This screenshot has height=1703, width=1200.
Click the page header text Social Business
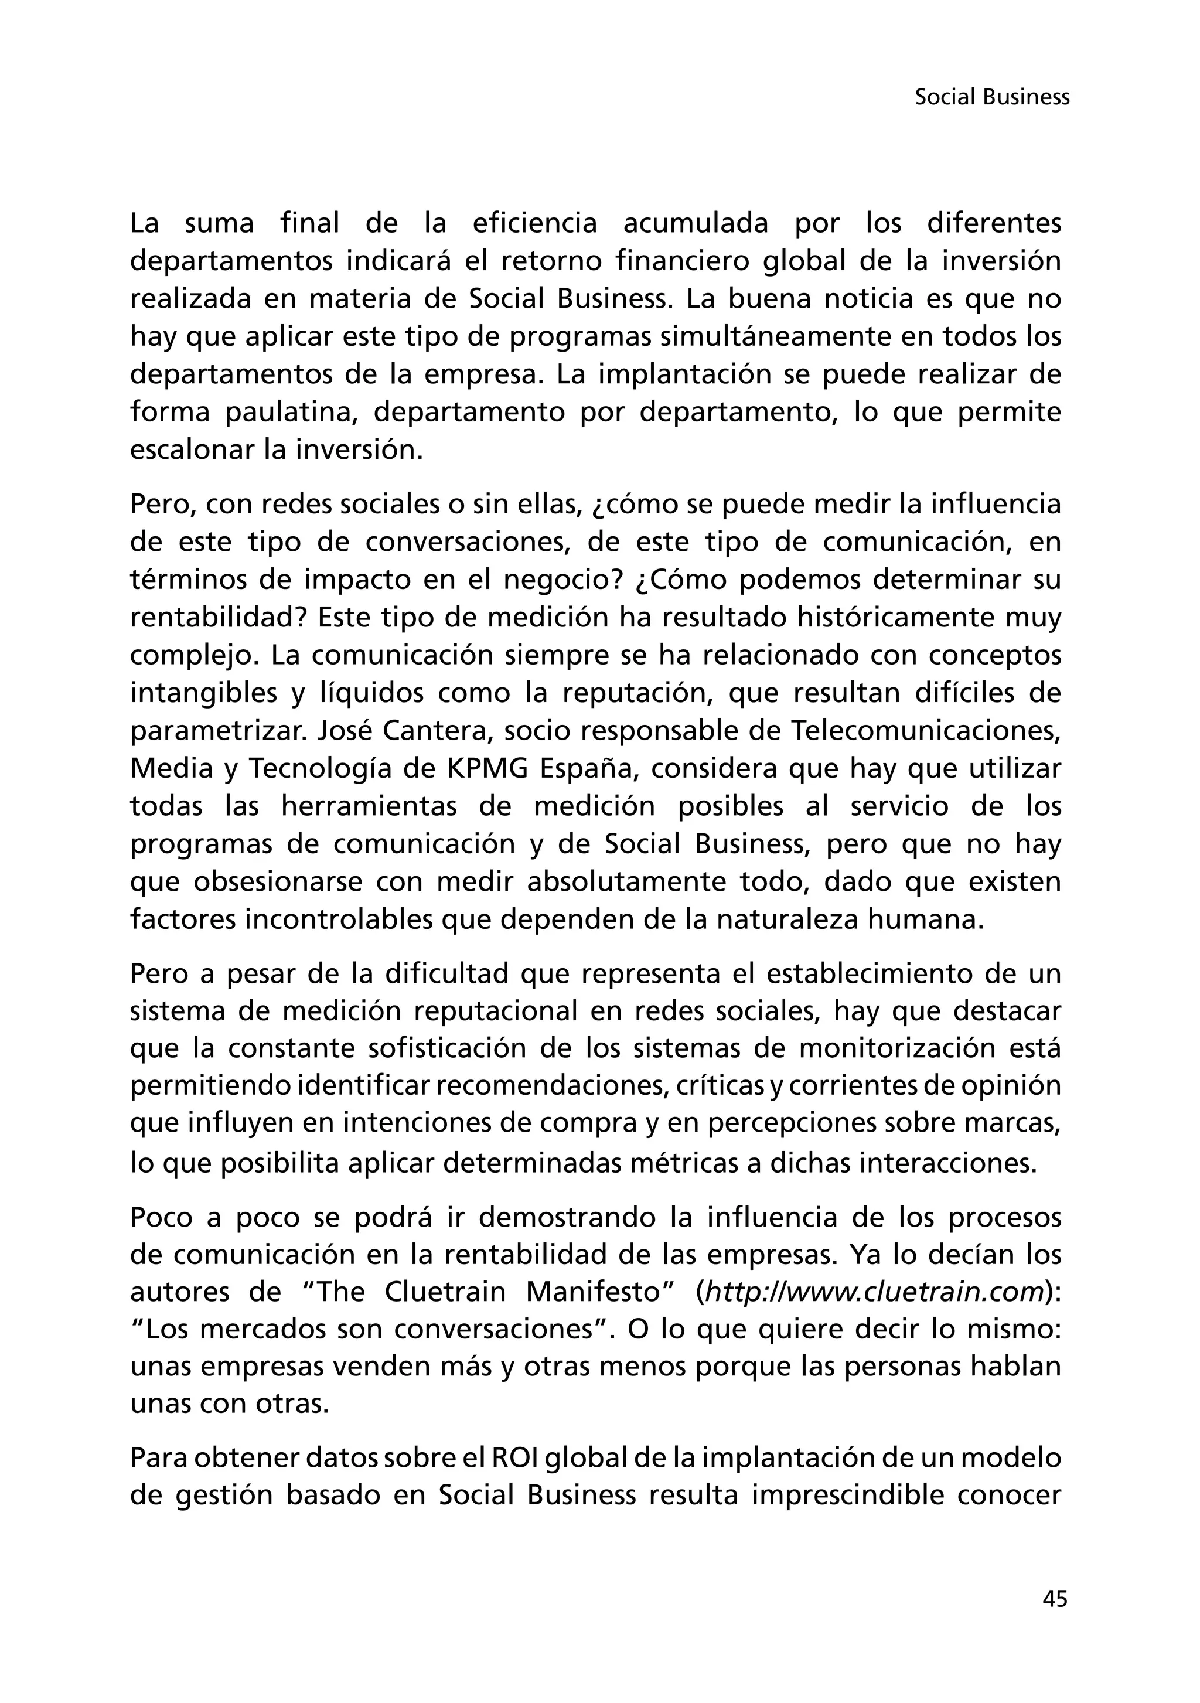(x=991, y=97)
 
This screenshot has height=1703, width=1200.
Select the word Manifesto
(x=594, y=1292)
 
